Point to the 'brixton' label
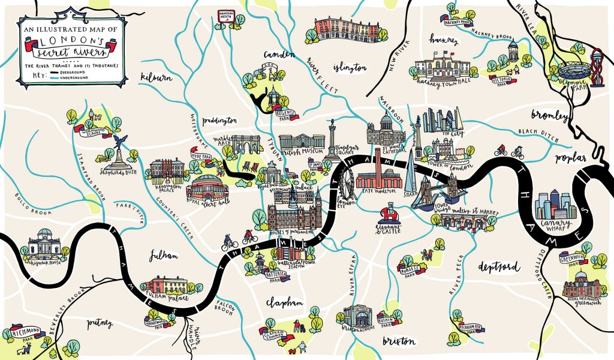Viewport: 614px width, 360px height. click(x=398, y=341)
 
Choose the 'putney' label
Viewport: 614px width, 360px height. click(x=100, y=324)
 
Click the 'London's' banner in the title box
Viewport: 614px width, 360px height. click(x=58, y=39)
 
